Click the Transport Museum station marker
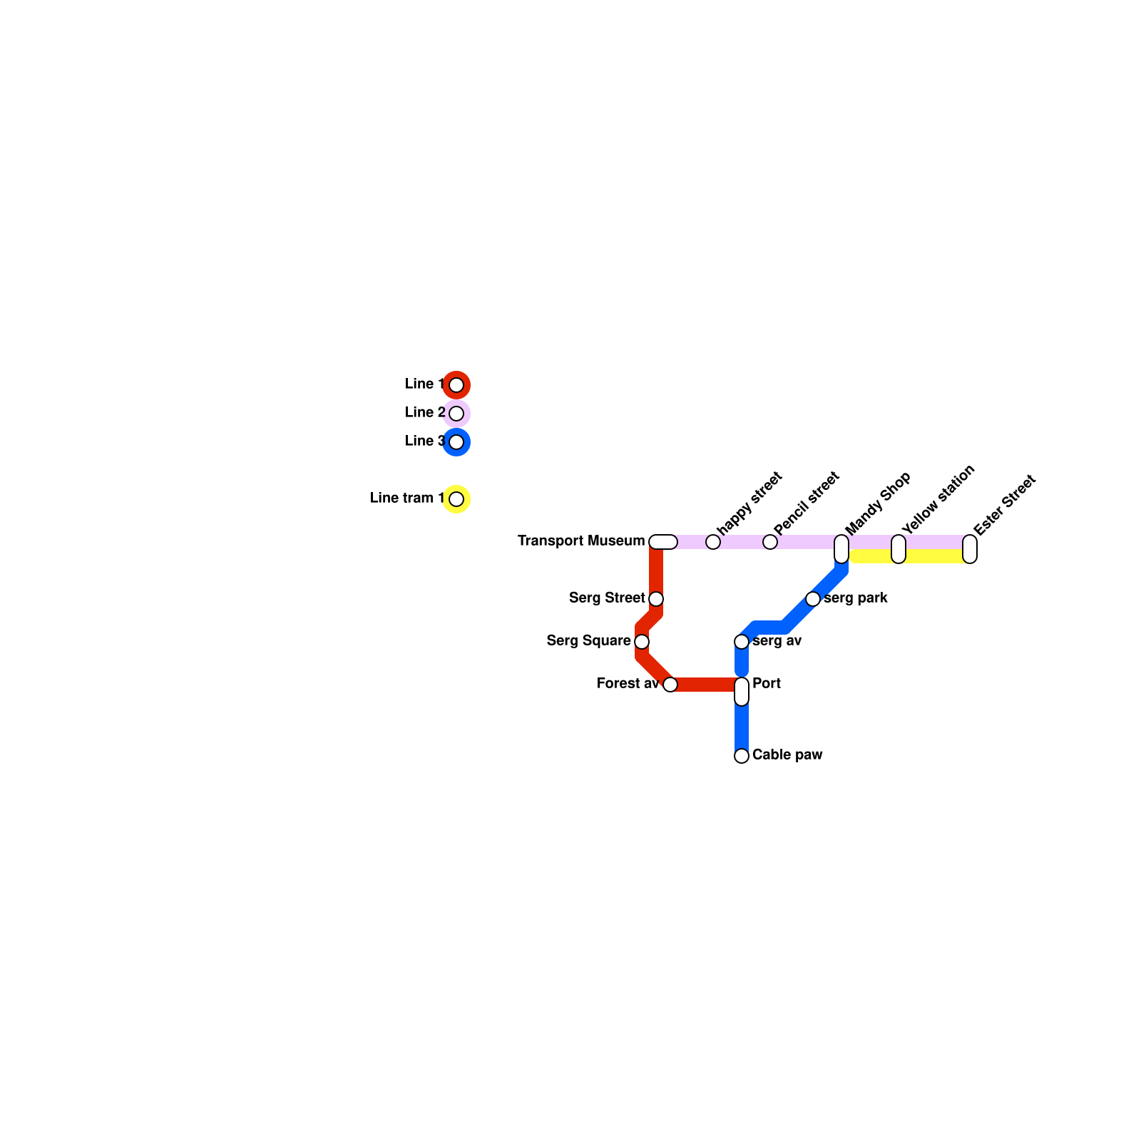pyautogui.click(x=663, y=542)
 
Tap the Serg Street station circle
pyautogui.click(x=656, y=599)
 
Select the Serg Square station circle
pyautogui.click(x=642, y=642)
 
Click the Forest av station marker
pyautogui.click(x=670, y=685)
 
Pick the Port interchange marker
pyautogui.click(x=742, y=691)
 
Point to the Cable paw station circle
pyautogui.click(x=742, y=756)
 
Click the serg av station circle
pyautogui.click(x=742, y=642)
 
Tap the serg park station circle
pyautogui.click(x=813, y=599)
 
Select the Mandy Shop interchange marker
pyautogui.click(x=841, y=548)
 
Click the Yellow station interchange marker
pyautogui.click(x=899, y=548)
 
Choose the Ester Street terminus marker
pyautogui.click(x=970, y=548)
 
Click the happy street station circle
pyautogui.click(x=713, y=542)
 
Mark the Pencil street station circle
pyautogui.click(x=770, y=542)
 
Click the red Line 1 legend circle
pyautogui.click(x=456, y=385)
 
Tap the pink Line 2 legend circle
pyautogui.click(x=456, y=414)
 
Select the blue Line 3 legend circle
pyautogui.click(x=456, y=442)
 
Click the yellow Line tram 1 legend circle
pyautogui.click(x=456, y=499)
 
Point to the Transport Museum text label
pyautogui.click(x=581, y=541)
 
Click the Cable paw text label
pyautogui.click(x=787, y=755)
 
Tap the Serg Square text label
pyautogui.click(x=588, y=641)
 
